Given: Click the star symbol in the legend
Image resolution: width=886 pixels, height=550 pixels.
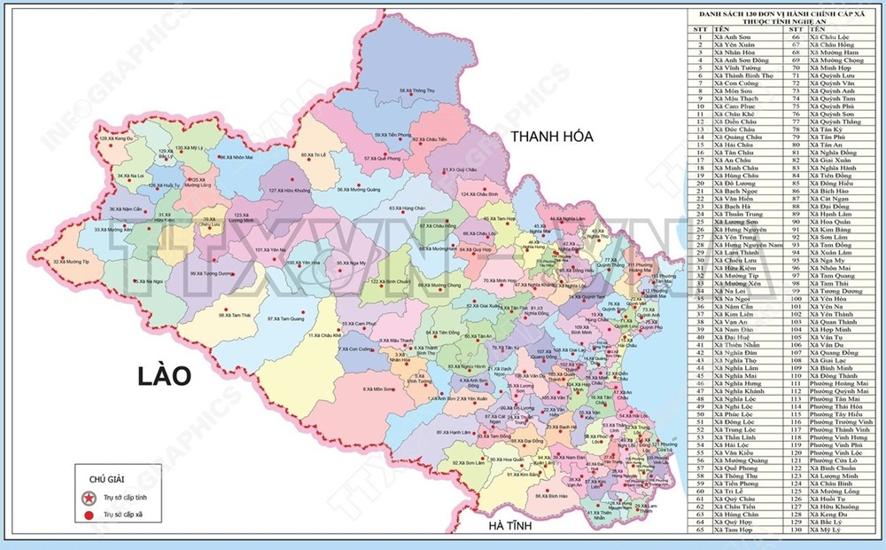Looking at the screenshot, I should pyautogui.click(x=89, y=497).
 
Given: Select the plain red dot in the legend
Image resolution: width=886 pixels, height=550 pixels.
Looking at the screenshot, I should pyautogui.click(x=89, y=514).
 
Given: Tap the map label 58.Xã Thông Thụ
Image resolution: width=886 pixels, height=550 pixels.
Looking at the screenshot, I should pyautogui.click(x=417, y=90).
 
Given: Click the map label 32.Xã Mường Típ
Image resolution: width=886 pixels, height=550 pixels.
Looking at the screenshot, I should pyautogui.click(x=71, y=262).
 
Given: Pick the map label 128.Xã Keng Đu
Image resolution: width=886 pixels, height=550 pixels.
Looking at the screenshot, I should pyautogui.click(x=115, y=139).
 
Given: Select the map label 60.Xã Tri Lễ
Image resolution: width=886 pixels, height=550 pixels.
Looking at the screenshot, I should pyautogui.click(x=315, y=154).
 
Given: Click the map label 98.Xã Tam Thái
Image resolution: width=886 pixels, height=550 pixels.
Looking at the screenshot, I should pyautogui.click(x=237, y=314).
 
